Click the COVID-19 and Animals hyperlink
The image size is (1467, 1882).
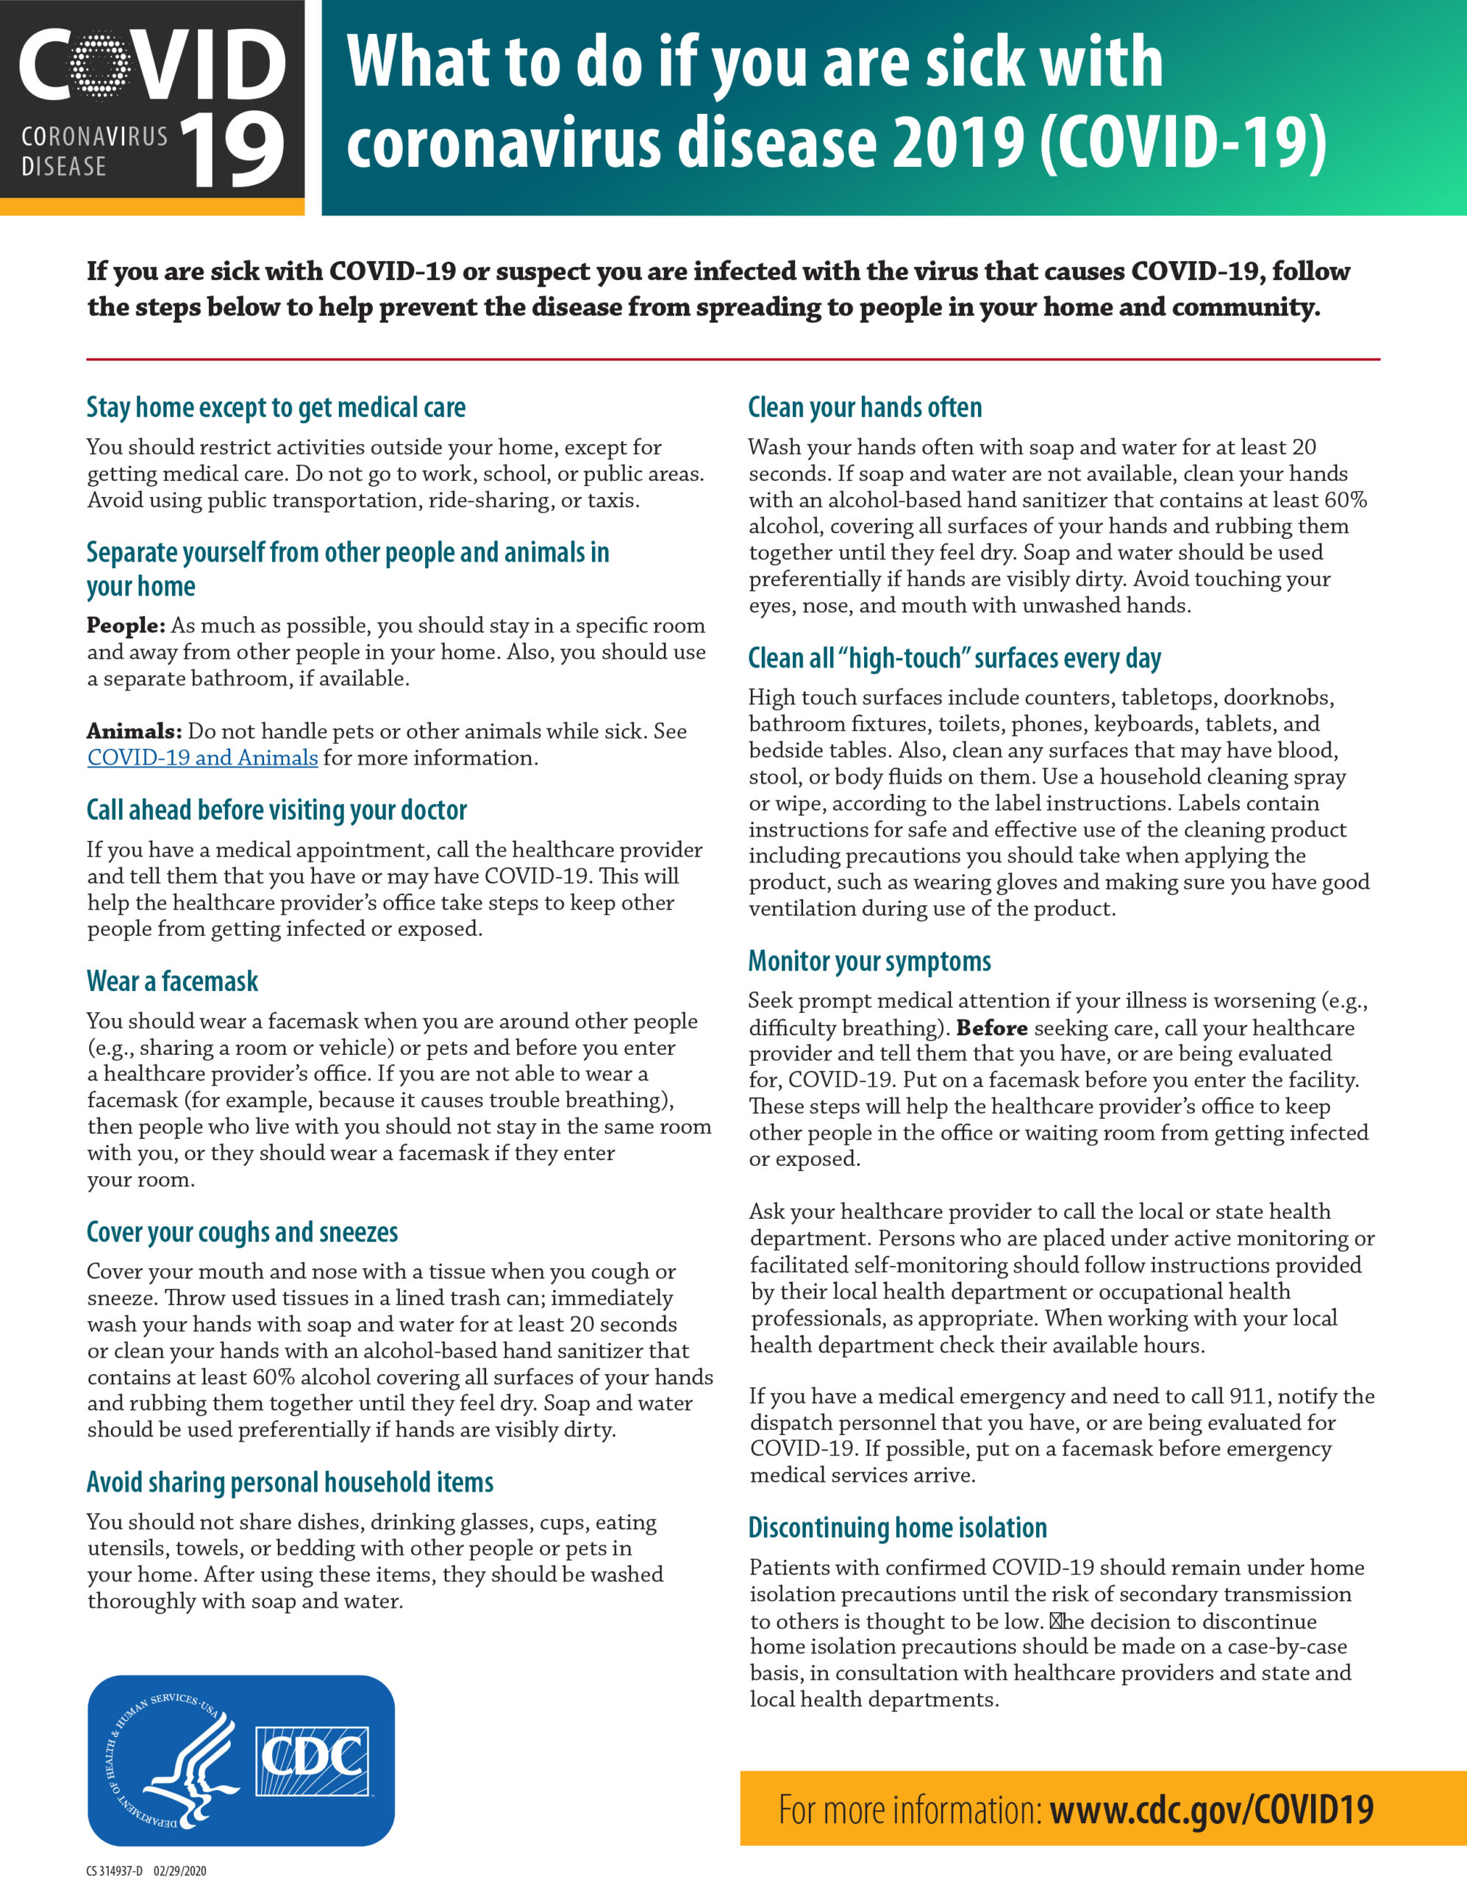pos(202,757)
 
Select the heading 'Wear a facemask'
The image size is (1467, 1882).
pos(172,981)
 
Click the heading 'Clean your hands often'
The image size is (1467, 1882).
pos(865,407)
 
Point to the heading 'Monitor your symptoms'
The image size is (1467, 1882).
pos(869,961)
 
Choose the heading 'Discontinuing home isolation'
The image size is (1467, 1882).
pos(897,1527)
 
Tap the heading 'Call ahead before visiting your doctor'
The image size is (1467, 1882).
pos(276,810)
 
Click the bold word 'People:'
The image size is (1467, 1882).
pos(126,626)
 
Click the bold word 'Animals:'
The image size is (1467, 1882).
pos(135,731)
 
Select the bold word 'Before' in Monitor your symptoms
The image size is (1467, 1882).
pos(991,1028)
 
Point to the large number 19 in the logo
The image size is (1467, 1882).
pos(232,151)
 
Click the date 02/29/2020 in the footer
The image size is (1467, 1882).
pos(180,1871)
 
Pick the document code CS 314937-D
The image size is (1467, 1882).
pos(115,1871)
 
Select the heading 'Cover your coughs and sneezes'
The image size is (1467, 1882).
pos(242,1232)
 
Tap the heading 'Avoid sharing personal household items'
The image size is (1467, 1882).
pos(290,1482)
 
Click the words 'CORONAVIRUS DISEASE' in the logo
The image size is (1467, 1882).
pos(94,151)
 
